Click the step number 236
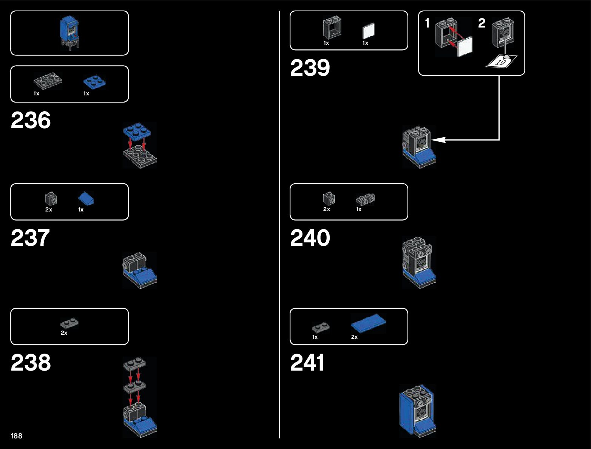(31, 121)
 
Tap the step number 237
(30, 238)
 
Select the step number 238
(31, 363)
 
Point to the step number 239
(310, 68)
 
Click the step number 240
(310, 238)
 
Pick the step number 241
(307, 363)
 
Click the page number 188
(16, 436)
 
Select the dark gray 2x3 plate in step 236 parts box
(48, 80)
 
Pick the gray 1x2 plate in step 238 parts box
(69, 323)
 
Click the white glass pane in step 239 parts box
(368, 31)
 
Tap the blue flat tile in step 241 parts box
(368, 323)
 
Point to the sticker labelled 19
(501, 62)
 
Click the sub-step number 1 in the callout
(427, 23)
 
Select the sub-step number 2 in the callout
(481, 23)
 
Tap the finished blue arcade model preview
(69, 32)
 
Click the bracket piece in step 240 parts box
(365, 199)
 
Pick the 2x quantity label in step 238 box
(64, 333)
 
